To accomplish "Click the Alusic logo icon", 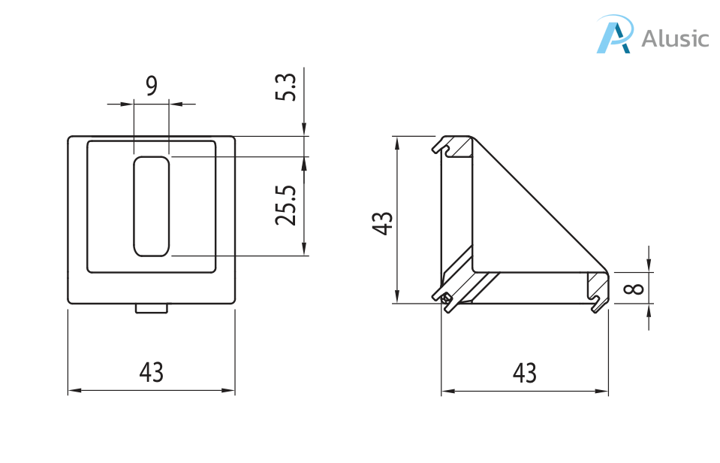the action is pyautogui.click(x=615, y=34).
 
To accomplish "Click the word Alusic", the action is pyautogui.click(x=675, y=38).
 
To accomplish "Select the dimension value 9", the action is pyautogui.click(x=152, y=86).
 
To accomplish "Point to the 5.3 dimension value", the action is pyautogui.click(x=285, y=87).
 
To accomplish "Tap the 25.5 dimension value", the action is pyautogui.click(x=285, y=205).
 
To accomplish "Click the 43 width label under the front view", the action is pyautogui.click(x=152, y=372).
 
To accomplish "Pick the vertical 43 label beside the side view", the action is pyautogui.click(x=382, y=223).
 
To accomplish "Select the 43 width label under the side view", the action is pyautogui.click(x=524, y=373).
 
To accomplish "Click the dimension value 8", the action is pyautogui.click(x=634, y=289).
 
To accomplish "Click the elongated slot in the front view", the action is pyautogui.click(x=152, y=207).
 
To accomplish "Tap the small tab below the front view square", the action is pyautogui.click(x=152, y=308).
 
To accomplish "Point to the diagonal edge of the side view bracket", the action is pyautogui.click(x=540, y=204).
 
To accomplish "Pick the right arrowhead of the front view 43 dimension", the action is pyautogui.click(x=228, y=391).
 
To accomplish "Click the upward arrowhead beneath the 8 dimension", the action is pyautogui.click(x=649, y=311).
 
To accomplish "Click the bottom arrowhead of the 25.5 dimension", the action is pyautogui.click(x=304, y=249).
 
